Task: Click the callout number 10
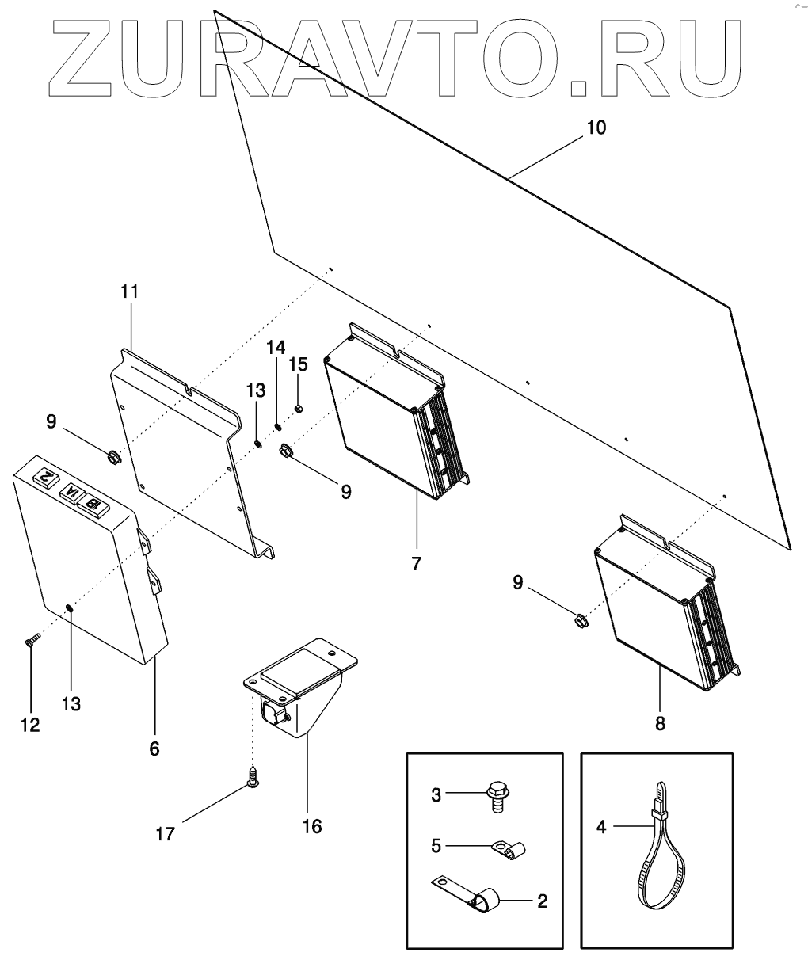click(x=596, y=127)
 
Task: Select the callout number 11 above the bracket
click(x=129, y=291)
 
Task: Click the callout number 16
click(x=311, y=826)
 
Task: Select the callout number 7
click(x=416, y=564)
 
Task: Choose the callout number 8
click(x=661, y=723)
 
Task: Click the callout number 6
click(x=154, y=748)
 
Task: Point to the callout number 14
click(x=274, y=348)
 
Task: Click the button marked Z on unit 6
click(x=46, y=477)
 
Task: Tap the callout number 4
click(x=601, y=827)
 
